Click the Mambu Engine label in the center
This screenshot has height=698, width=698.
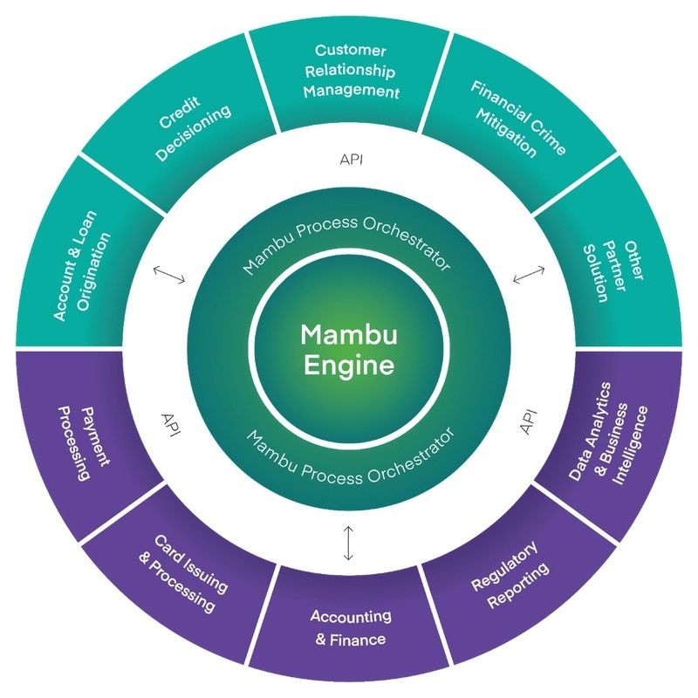tap(349, 350)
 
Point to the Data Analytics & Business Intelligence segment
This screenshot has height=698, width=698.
tap(614, 441)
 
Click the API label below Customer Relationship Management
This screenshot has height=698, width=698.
tap(352, 159)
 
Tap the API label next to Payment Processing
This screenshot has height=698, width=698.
tap(171, 425)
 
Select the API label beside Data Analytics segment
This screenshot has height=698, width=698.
tap(529, 422)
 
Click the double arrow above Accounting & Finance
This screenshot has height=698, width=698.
tap(348, 543)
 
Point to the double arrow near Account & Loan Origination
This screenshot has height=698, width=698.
tap(169, 275)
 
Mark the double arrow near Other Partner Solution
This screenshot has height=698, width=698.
tap(529, 274)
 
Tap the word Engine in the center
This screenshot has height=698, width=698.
tap(349, 365)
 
